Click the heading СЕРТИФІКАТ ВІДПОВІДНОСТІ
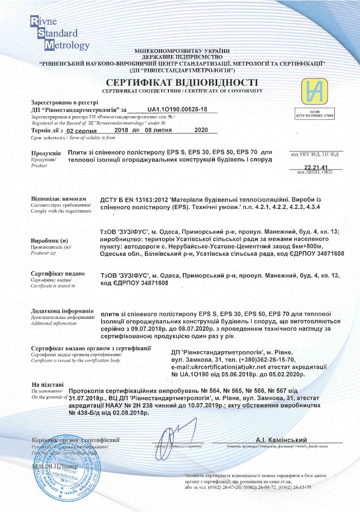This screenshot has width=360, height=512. [x=181, y=83]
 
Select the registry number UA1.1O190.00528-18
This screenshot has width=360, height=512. [x=177, y=109]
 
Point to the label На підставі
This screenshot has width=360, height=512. [x=48, y=384]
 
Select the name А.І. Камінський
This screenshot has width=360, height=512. [x=281, y=440]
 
